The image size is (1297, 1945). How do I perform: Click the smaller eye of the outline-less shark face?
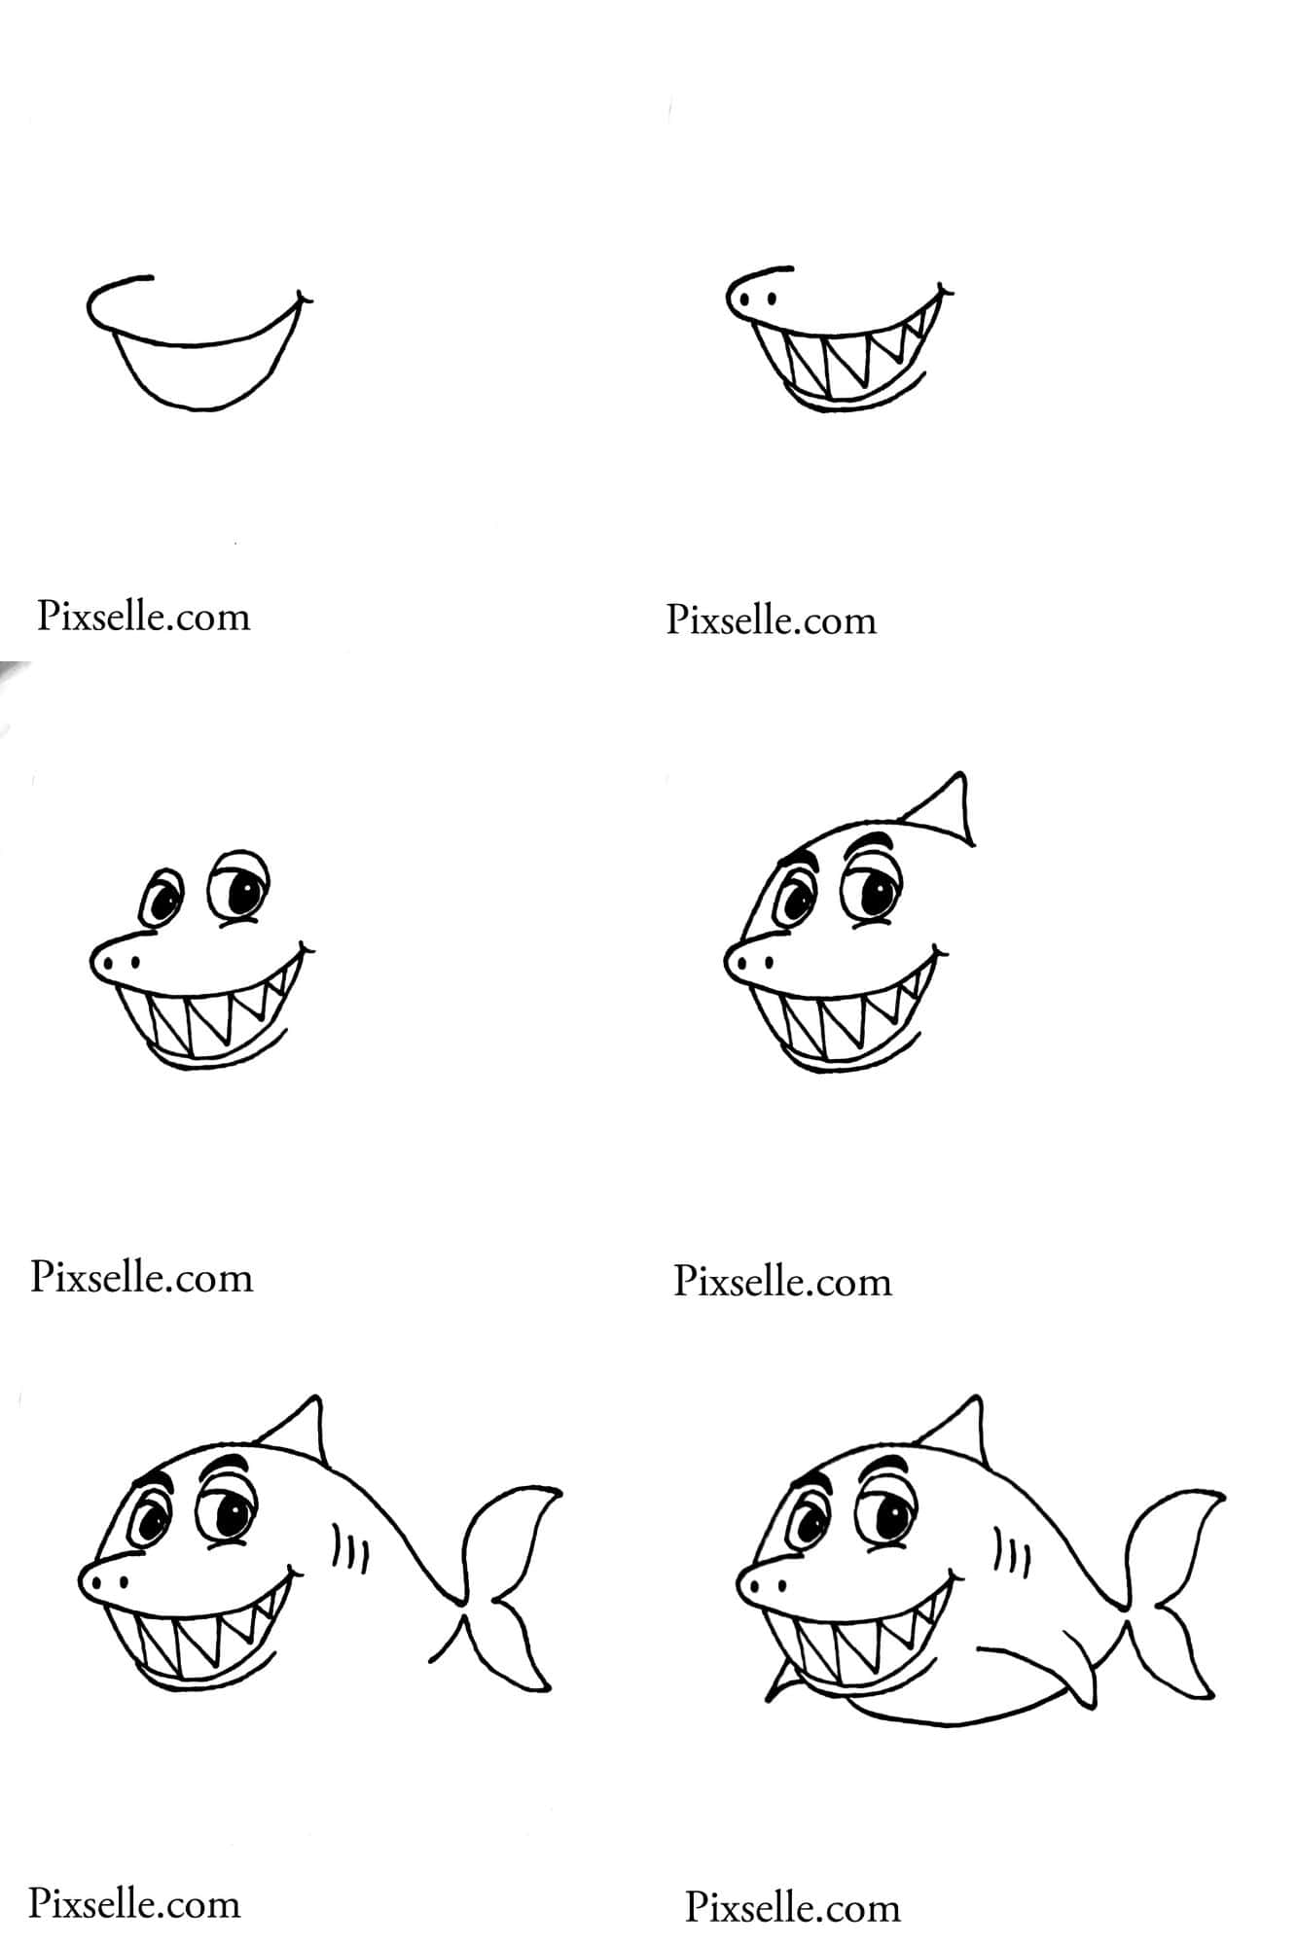(161, 898)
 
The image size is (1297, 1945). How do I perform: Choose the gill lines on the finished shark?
(1012, 1552)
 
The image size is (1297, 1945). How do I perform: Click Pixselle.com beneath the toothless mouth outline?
(144, 617)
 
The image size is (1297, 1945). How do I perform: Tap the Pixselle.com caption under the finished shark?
(793, 1907)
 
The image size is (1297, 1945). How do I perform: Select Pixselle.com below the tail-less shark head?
(783, 1282)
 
